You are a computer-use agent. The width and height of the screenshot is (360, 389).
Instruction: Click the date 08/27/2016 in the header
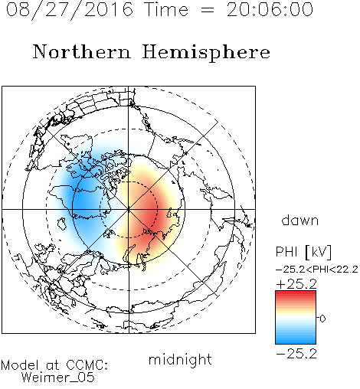coord(70,10)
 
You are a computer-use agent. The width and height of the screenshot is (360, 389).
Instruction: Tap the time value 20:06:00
coord(270,10)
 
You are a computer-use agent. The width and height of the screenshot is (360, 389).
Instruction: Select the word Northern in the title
coord(82,52)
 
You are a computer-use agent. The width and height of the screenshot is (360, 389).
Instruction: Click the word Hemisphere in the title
coord(206,53)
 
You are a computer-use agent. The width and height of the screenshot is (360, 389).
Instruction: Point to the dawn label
coord(300,220)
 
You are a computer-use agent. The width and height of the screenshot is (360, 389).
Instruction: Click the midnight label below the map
coord(180,359)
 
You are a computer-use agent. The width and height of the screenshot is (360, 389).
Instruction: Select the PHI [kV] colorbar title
coord(303,252)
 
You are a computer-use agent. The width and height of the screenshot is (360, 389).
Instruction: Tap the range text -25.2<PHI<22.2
coord(317,270)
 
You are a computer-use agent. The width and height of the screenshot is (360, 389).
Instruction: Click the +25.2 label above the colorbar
coord(296,284)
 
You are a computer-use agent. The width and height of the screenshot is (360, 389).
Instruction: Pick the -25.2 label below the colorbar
coord(296,354)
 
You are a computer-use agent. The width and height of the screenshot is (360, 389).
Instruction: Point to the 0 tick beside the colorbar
coord(322,319)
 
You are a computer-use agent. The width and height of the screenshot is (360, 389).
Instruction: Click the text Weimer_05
coord(57,377)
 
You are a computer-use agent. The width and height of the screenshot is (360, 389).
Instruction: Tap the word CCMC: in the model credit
coord(87,365)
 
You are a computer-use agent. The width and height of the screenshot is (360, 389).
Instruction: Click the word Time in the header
coord(166,10)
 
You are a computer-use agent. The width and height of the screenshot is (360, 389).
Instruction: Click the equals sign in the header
coord(208,10)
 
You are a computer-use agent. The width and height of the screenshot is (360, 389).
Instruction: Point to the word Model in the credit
coord(20,365)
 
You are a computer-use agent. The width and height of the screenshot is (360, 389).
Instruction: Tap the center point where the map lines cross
coord(129,209)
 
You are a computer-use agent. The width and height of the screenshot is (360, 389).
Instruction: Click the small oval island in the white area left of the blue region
coord(62,224)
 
